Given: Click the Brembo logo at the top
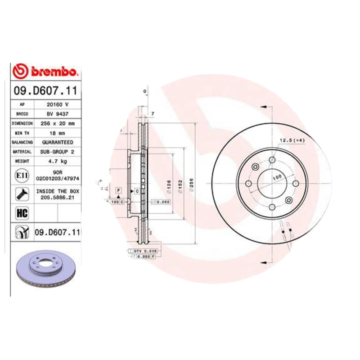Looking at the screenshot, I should click(46, 71).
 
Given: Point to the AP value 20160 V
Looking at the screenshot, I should click(57, 105).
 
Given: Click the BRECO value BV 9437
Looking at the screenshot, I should click(57, 114).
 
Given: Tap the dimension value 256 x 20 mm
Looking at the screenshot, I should click(57, 123).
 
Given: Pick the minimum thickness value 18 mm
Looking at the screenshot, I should click(57, 133).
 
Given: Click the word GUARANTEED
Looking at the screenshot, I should click(57, 142).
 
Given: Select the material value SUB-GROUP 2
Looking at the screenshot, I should click(57, 152).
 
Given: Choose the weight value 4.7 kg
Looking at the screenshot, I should click(57, 161).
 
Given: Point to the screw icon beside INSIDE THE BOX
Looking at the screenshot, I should click(22, 194).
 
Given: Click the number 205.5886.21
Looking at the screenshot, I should click(57, 197).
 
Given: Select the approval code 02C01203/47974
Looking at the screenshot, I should click(57, 178).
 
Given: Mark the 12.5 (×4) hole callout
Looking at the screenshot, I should click(292, 140).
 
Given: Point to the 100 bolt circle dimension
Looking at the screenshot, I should click(276, 177).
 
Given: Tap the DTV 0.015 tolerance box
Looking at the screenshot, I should click(145, 250).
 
